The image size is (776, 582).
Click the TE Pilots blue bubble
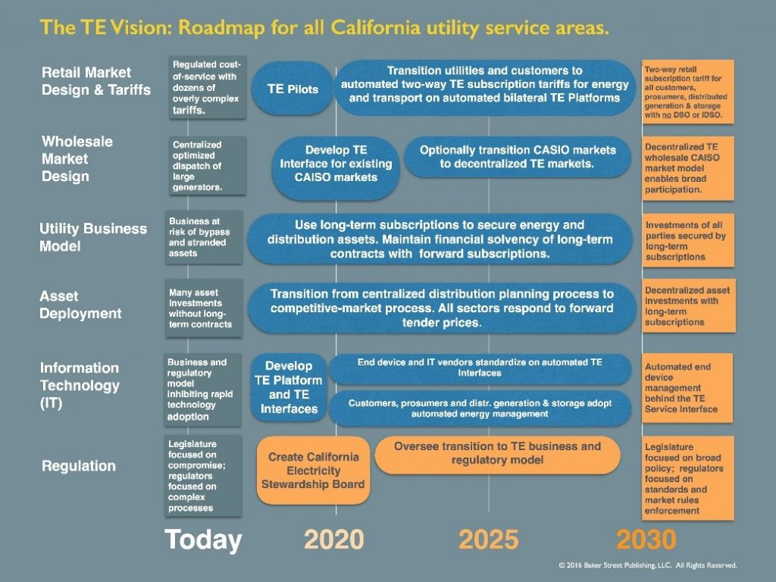(x=293, y=89)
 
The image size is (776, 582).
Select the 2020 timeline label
(x=334, y=539)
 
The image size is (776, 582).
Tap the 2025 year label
(x=489, y=539)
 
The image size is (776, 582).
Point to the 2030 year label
(x=646, y=539)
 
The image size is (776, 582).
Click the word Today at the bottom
(x=203, y=540)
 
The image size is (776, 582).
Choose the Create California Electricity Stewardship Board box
(x=313, y=470)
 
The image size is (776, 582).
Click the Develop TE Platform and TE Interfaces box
(x=289, y=387)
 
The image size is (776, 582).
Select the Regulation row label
(x=79, y=466)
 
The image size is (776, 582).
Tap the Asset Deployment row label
(x=80, y=305)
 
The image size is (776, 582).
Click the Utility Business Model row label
(x=93, y=237)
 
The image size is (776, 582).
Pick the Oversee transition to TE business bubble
(x=497, y=455)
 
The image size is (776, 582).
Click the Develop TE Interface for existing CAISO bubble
(x=336, y=168)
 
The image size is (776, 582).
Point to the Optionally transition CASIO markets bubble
(x=518, y=157)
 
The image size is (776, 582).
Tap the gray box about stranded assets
(x=203, y=237)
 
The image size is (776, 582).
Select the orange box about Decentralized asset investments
(x=688, y=306)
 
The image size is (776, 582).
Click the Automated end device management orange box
(x=687, y=388)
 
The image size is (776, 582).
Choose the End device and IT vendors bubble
(x=480, y=368)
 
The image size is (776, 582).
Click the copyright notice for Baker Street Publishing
(x=648, y=565)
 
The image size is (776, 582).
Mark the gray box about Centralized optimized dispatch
(x=207, y=166)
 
